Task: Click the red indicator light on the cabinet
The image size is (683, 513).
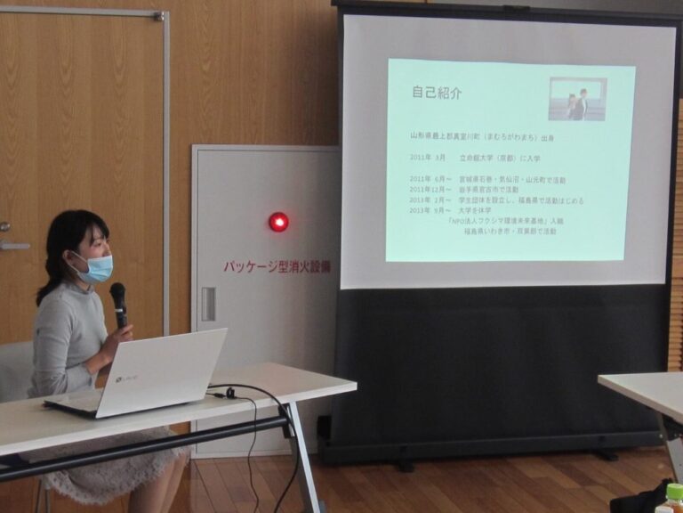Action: pos(278,222)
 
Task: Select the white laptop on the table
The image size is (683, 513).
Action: pos(142,374)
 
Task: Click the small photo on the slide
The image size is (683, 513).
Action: pos(577,99)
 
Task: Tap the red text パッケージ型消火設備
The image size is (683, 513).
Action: pos(277,266)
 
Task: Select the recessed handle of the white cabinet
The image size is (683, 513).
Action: pos(208,304)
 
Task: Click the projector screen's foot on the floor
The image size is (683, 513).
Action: pos(405,463)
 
